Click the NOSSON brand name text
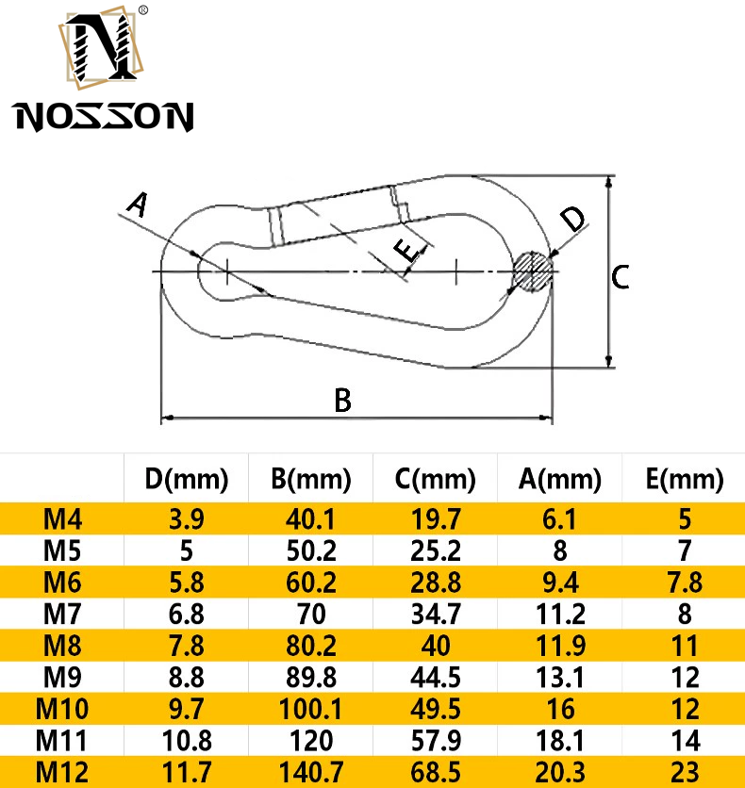104,117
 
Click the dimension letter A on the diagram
138,204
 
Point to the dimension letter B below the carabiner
342,401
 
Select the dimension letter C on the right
620,277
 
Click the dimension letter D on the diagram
572,220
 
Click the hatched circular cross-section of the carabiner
533,271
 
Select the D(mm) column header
187,480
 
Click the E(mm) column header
685,480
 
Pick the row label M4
63,518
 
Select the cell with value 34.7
436,615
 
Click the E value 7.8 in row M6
685,583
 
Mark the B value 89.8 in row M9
311,678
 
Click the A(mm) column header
559,480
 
